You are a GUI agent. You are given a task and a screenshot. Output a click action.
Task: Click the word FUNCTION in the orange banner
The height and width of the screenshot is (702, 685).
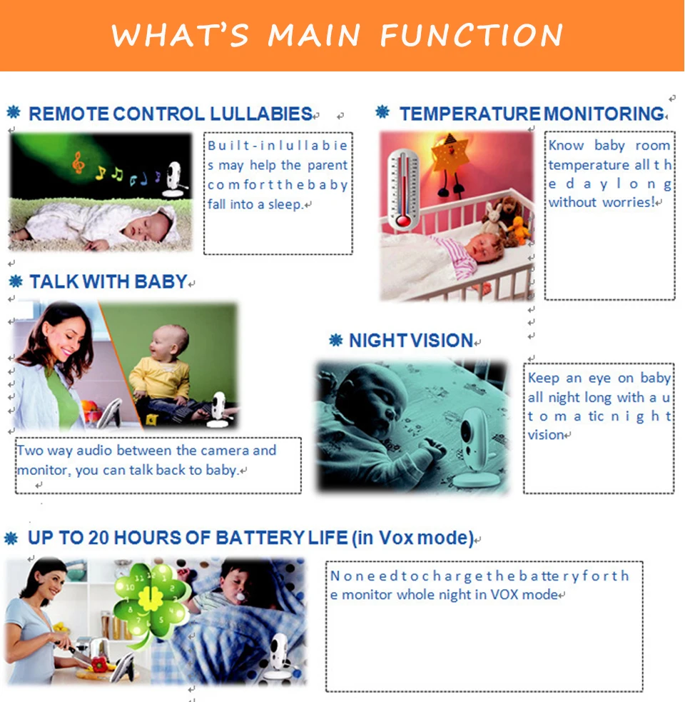click(471, 35)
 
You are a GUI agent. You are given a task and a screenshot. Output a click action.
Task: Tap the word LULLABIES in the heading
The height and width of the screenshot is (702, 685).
click(261, 114)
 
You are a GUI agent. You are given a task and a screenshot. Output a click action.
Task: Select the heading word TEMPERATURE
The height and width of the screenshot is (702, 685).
click(470, 114)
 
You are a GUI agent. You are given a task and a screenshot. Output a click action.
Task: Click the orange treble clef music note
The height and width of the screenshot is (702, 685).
click(78, 162)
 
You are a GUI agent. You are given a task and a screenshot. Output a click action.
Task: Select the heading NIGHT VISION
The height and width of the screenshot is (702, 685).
click(411, 341)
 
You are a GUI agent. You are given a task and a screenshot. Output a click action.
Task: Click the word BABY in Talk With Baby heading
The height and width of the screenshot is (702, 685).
click(161, 282)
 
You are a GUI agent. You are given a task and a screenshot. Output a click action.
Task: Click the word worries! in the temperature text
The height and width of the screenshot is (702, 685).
click(629, 202)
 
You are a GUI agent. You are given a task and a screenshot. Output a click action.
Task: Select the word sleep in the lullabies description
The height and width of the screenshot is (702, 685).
click(284, 205)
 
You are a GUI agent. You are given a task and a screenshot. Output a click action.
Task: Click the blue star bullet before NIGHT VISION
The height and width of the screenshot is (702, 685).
click(336, 340)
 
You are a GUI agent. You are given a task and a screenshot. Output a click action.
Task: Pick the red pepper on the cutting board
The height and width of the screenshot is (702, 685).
click(99, 664)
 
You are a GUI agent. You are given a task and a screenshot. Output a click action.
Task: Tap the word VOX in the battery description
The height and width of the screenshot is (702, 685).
click(504, 595)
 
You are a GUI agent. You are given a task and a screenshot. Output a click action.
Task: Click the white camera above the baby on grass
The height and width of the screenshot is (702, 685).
click(173, 179)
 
